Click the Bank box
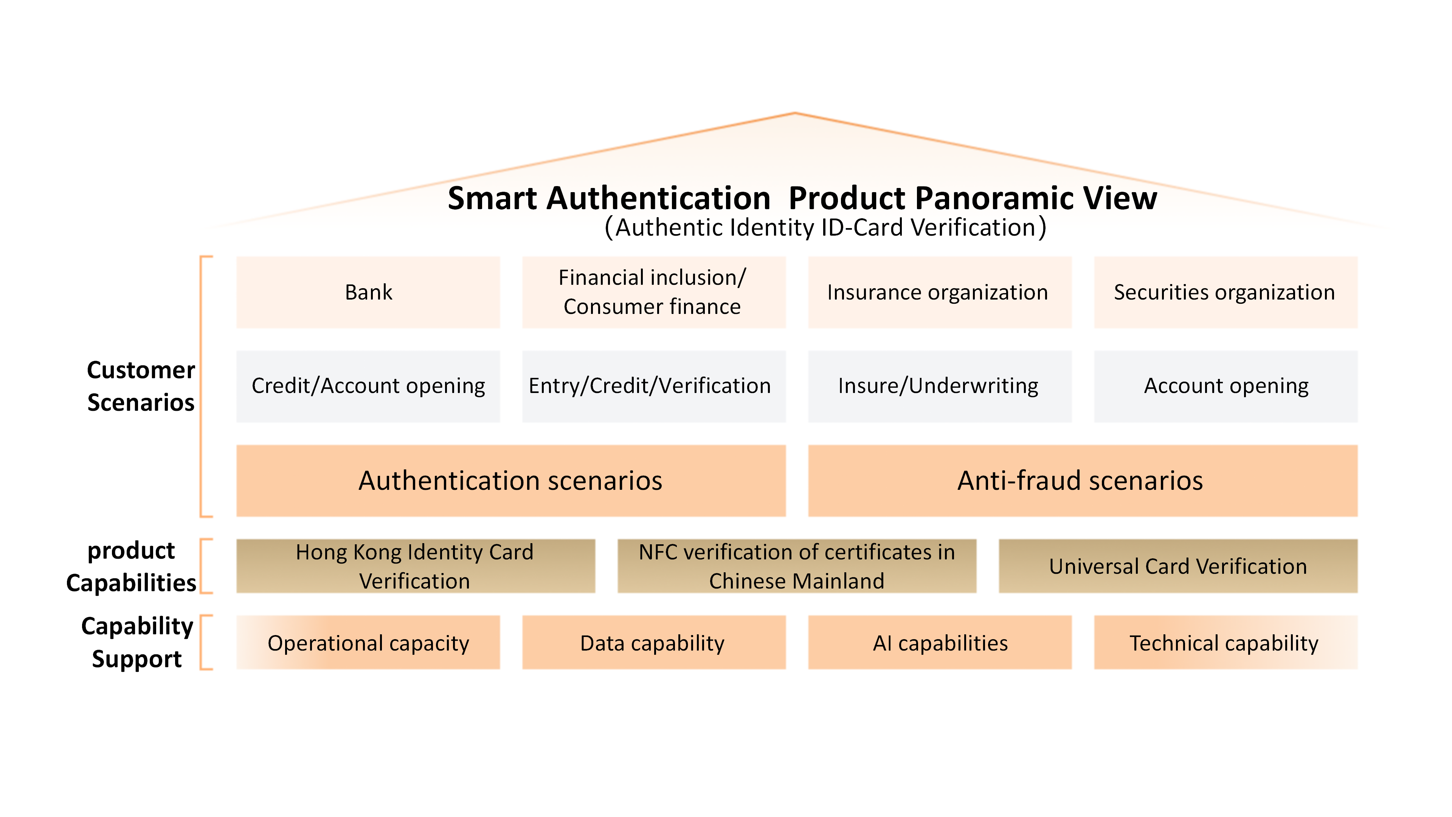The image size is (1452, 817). (368, 292)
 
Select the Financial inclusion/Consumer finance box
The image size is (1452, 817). (654, 292)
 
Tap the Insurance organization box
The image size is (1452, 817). (940, 292)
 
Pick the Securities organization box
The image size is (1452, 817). (1226, 292)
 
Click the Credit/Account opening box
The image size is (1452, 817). (368, 386)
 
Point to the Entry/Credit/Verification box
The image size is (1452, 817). (654, 386)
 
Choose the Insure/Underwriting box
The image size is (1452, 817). (940, 386)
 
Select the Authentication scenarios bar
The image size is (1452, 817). (511, 480)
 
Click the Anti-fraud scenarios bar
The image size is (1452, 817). (1083, 480)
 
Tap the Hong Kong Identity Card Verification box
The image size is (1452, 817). (416, 566)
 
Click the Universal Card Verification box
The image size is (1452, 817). (1178, 566)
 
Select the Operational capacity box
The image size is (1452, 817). (368, 642)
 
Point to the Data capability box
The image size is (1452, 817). (654, 642)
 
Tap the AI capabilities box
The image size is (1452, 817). (940, 642)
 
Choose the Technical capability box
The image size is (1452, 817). (1226, 642)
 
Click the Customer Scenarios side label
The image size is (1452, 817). (141, 386)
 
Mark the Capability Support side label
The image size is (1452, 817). (137, 642)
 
